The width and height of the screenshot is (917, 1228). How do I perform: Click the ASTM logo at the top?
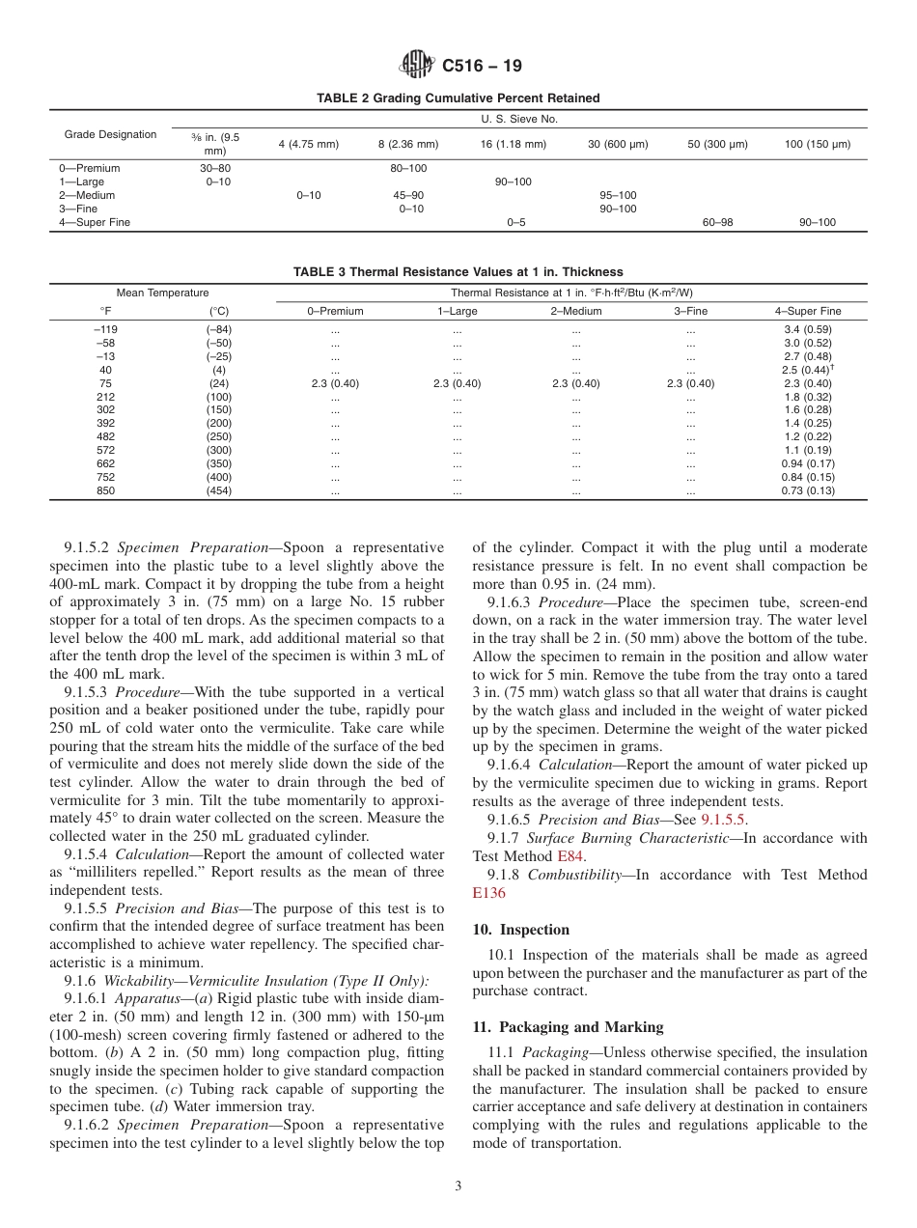[417, 66]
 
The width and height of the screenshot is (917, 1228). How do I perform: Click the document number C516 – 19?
[482, 67]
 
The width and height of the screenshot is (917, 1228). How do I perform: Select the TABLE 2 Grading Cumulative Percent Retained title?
[458, 98]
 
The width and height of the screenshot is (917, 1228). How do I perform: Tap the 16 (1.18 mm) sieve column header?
[513, 145]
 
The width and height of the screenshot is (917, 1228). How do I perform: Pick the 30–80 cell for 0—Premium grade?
[214, 168]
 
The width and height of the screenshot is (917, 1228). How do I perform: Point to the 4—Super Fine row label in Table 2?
[95, 222]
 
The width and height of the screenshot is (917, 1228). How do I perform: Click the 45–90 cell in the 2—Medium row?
[408, 195]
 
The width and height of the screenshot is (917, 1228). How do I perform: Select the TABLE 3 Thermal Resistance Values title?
[458, 272]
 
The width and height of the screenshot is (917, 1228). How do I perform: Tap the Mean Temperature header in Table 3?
[162, 293]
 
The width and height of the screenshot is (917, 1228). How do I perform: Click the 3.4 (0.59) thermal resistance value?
[807, 329]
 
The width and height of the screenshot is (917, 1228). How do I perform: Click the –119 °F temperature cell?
[105, 329]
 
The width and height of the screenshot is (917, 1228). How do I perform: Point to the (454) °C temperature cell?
[219, 490]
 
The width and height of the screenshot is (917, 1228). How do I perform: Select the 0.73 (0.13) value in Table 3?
[807, 490]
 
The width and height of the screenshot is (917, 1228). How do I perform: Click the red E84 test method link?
[570, 856]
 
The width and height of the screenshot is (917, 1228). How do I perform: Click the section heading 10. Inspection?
[521, 930]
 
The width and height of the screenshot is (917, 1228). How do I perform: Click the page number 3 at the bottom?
[458, 1186]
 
